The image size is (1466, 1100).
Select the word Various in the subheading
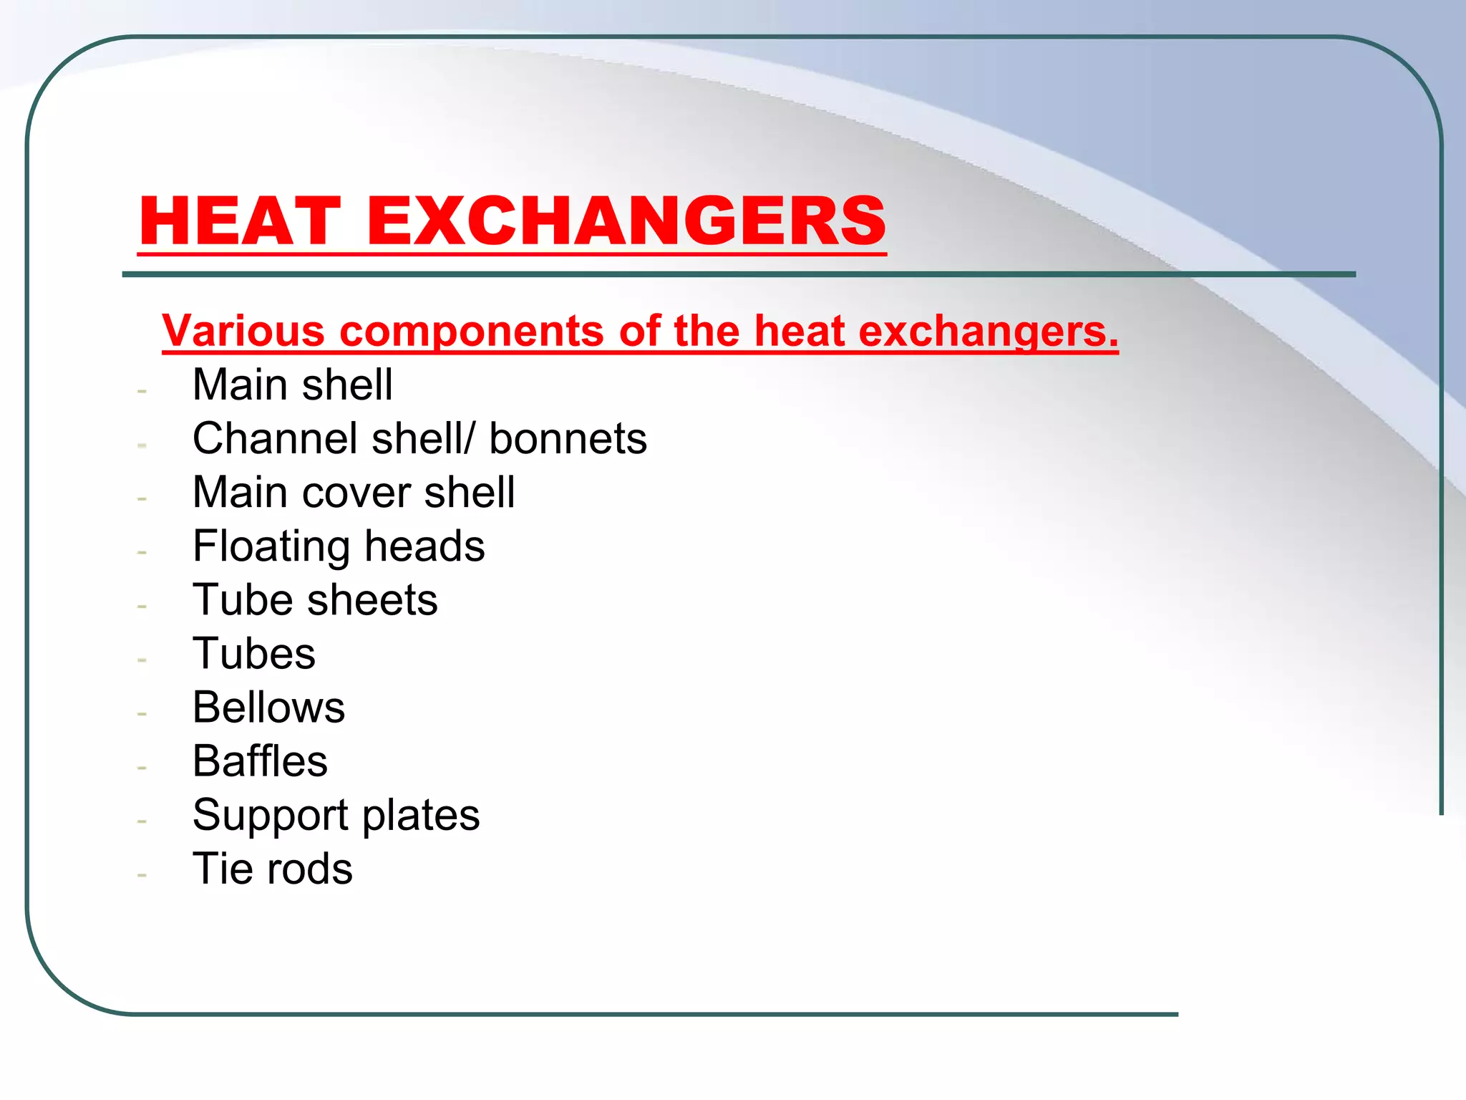(243, 331)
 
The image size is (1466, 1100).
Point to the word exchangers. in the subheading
(988, 332)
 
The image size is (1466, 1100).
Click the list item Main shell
(292, 385)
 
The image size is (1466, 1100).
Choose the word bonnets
(568, 438)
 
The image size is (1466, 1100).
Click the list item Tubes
(254, 654)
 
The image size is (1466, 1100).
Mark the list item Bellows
(268, 708)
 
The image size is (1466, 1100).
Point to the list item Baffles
(260, 761)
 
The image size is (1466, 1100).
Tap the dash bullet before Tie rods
(142, 875)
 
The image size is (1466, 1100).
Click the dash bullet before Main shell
(142, 391)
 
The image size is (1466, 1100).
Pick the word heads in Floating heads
(424, 546)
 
